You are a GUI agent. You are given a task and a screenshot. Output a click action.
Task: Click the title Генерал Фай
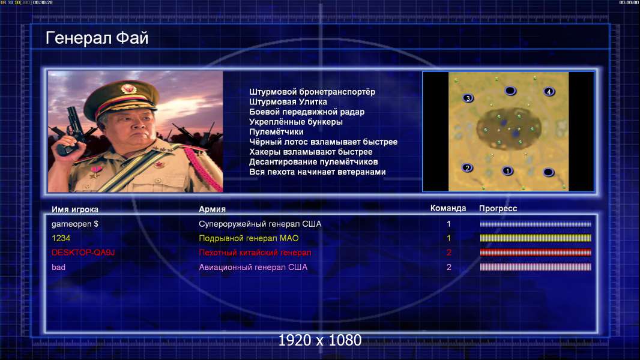[x=97, y=38]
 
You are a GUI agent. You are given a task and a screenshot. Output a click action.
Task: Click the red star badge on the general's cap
[x=128, y=88]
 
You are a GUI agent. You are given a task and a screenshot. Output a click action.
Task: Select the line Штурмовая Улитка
[x=288, y=102]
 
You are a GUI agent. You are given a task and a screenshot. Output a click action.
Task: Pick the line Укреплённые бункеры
[x=296, y=122]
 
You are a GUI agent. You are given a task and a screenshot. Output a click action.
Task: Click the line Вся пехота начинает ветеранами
[x=318, y=172]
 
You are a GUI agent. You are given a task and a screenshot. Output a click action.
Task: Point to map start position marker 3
[x=468, y=98]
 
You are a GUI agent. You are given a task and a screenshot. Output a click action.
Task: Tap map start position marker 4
[x=549, y=92]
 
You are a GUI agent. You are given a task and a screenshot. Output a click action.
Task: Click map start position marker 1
[x=507, y=171]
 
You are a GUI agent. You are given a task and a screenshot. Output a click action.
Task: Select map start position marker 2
[x=467, y=167]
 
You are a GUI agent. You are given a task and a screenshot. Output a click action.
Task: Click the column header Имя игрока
[x=74, y=209]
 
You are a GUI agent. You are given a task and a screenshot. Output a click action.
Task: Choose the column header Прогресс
[x=498, y=209]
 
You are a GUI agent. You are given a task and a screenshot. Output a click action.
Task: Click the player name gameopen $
[x=74, y=224]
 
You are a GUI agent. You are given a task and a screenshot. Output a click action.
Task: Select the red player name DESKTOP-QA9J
[x=83, y=253]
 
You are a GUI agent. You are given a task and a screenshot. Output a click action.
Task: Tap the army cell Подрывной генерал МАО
[x=249, y=238]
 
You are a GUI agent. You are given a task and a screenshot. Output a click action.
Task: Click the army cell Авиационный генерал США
[x=253, y=267]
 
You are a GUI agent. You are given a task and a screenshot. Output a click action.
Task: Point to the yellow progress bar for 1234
[x=536, y=238]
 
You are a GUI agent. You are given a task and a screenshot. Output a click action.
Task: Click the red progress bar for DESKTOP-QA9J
[x=536, y=253]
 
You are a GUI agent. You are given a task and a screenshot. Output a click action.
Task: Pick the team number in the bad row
[x=448, y=267]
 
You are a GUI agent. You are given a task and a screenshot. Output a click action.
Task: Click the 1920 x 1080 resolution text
[x=320, y=340]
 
